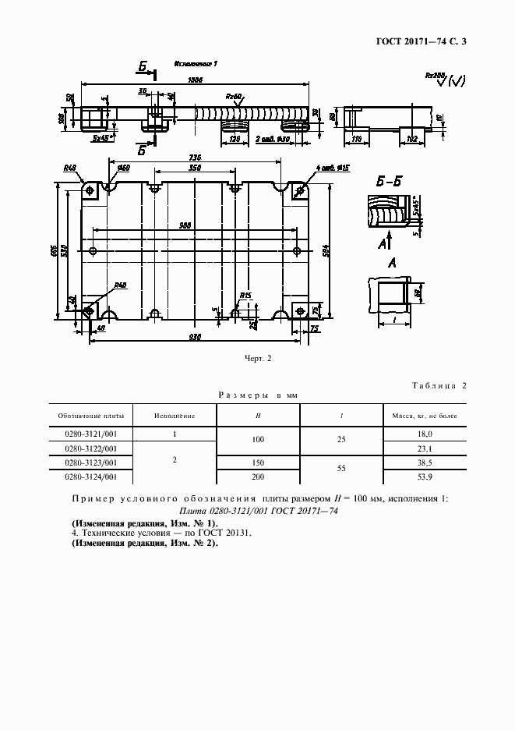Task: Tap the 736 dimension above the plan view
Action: [x=195, y=157]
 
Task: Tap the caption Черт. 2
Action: [x=257, y=359]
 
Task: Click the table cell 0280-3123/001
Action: [x=90, y=462]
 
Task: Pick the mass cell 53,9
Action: [x=425, y=476]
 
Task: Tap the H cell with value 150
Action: [x=257, y=462]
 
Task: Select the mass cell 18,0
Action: [x=425, y=433]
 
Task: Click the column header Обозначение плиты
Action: [x=90, y=416]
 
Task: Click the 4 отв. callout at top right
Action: [x=333, y=167]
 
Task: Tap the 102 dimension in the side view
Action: [x=412, y=138]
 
